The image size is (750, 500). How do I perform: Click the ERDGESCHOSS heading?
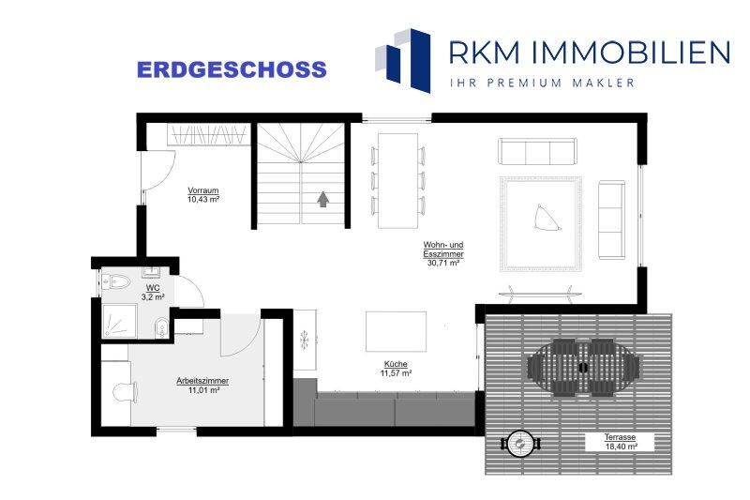tap(232, 69)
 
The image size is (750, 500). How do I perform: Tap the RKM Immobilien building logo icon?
tap(403, 60)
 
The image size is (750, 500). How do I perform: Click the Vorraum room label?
tap(203, 190)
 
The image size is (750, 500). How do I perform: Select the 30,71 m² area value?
tap(442, 263)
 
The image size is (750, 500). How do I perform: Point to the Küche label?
tap(396, 364)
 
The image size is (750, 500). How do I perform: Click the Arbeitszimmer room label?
tap(202, 382)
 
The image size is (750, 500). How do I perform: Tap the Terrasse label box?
tap(620, 442)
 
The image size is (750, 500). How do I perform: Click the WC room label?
tap(153, 288)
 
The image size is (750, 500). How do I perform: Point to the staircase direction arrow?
tap(323, 199)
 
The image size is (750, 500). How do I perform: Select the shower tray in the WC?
tap(120, 321)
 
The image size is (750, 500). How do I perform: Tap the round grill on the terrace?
tap(521, 444)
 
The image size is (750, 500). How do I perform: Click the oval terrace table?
tap(583, 368)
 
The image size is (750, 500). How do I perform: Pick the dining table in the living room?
tap(397, 180)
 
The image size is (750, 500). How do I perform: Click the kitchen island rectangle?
tap(396, 331)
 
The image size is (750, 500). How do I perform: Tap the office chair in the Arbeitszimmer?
tap(126, 392)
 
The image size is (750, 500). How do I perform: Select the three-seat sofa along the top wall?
tap(537, 152)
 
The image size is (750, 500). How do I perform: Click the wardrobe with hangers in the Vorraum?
tap(208, 134)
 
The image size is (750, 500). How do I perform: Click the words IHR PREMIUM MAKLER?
tap(542, 83)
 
